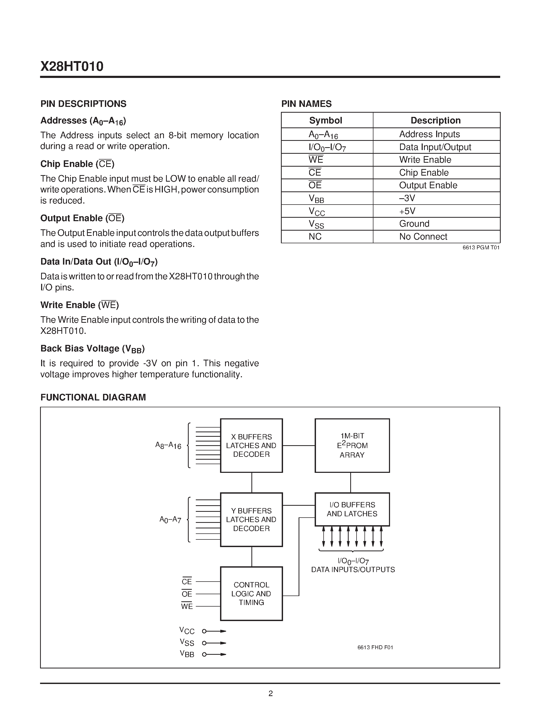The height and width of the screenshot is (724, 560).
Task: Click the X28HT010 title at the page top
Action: pyautogui.click(x=72, y=67)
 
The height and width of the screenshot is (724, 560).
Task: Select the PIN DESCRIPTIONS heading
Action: pyautogui.click(x=83, y=104)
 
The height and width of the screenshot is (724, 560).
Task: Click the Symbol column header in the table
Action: pyautogui.click(x=325, y=120)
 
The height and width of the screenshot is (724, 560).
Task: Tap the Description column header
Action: pyautogui.click(x=435, y=120)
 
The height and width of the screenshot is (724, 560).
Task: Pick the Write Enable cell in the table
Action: pyautogui.click(x=425, y=160)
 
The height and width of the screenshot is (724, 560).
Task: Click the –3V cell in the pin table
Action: pyautogui.click(x=407, y=198)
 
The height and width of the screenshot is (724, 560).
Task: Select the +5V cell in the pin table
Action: pyautogui.click(x=407, y=211)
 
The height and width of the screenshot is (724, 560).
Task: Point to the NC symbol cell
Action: pyautogui.click(x=315, y=236)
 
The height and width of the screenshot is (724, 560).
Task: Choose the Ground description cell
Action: pyautogui.click(x=414, y=224)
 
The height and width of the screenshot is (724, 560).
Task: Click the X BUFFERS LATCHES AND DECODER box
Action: pyautogui.click(x=251, y=445)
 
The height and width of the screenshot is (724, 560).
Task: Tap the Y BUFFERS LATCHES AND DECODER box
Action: pyautogui.click(x=251, y=519)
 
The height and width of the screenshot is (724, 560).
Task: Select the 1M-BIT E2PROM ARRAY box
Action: pyautogui.click(x=352, y=445)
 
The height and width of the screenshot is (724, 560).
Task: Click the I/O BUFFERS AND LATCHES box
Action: pyautogui.click(x=352, y=509)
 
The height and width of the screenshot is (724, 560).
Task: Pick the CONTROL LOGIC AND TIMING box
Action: pyautogui.click(x=251, y=593)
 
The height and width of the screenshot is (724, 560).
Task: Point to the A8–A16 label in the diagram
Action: pyautogui.click(x=168, y=445)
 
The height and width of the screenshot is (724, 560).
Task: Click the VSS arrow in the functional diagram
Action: pyautogui.click(x=214, y=643)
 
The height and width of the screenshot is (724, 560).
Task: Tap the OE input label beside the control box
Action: pyautogui.click(x=187, y=594)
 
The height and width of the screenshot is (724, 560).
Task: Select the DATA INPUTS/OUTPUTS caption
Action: pyautogui.click(x=353, y=569)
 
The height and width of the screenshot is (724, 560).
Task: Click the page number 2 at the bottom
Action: pyautogui.click(x=270, y=693)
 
